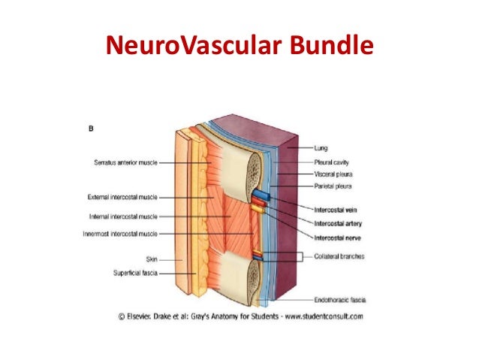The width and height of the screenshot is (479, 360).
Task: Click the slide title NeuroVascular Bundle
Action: pyautogui.click(x=239, y=46)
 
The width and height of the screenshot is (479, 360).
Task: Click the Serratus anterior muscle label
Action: pyautogui.click(x=125, y=162)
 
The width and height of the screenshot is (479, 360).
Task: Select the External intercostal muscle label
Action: pyautogui.click(x=122, y=198)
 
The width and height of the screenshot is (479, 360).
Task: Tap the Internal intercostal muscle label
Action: pyautogui.click(x=123, y=216)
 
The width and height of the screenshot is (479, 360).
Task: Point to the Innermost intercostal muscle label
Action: pyautogui.click(x=119, y=233)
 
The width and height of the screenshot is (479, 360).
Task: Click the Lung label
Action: pyautogui.click(x=321, y=149)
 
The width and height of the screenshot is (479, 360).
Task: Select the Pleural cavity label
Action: pyautogui.click(x=331, y=162)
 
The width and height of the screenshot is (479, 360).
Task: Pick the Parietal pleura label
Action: pyautogui.click(x=332, y=186)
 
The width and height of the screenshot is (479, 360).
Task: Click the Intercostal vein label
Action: pyautogui.click(x=336, y=211)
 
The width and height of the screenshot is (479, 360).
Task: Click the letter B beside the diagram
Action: pyautogui.click(x=91, y=128)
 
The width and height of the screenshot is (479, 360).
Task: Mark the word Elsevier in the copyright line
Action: pyautogui.click(x=144, y=316)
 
